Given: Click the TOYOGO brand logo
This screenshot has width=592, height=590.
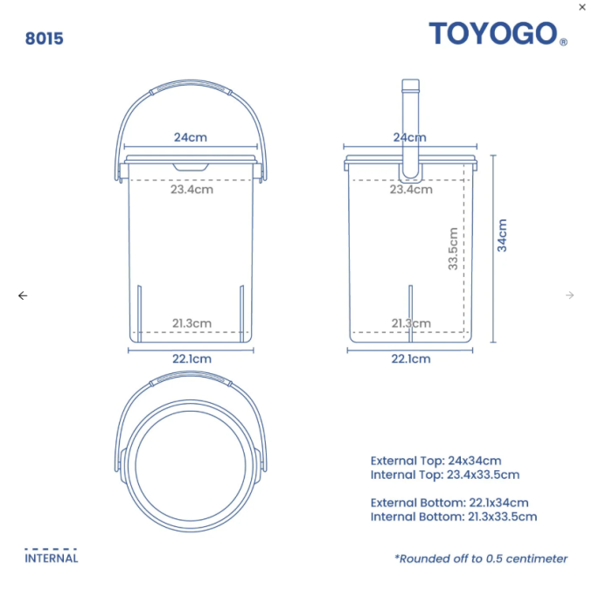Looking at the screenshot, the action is point(498,33).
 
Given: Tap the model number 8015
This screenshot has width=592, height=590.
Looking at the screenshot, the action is point(45,38).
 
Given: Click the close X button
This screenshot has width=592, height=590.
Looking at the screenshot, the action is point(582,7).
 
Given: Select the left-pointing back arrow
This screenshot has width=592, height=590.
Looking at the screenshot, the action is point(23,295).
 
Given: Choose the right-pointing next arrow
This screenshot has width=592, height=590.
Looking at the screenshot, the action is point(570,295).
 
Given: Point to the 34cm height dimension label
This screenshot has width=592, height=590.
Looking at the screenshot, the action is point(502,235).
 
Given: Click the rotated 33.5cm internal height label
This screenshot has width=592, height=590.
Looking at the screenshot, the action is point(453,248).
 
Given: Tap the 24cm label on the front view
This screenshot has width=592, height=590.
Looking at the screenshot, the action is point(191,137).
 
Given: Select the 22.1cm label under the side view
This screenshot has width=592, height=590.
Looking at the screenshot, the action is point(411,358).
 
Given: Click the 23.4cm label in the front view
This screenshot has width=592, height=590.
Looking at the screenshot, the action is point(192,189).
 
